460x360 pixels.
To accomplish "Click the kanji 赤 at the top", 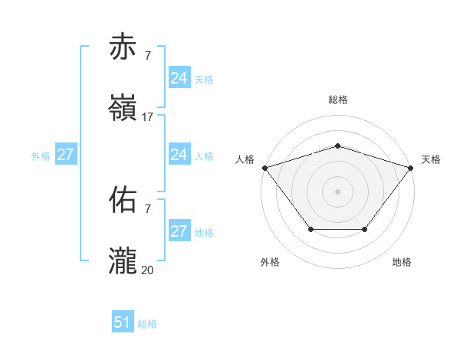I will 123,47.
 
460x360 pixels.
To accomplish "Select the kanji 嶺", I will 123,109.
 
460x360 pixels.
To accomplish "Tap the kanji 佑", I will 123,200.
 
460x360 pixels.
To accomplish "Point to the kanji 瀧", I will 123,261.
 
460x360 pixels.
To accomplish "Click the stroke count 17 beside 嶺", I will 147,117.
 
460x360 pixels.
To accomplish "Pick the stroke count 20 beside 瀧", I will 147,270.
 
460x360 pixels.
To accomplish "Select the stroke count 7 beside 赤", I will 147,56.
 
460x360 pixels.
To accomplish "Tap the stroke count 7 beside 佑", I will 147,208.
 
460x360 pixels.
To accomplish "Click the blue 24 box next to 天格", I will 179,78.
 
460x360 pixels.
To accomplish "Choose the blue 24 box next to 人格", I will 179,155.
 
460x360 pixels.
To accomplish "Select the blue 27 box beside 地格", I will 179,231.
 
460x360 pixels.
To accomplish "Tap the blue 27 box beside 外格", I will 65,155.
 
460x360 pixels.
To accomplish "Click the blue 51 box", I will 123,322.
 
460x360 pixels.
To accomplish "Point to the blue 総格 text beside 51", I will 147,324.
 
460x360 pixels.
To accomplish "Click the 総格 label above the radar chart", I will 337,100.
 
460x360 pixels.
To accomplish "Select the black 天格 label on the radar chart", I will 431,159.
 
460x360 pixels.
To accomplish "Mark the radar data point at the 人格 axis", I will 264,168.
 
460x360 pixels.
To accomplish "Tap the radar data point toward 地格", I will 365,229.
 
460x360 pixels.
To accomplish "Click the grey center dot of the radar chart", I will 337,191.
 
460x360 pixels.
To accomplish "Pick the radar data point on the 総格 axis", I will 337,146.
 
